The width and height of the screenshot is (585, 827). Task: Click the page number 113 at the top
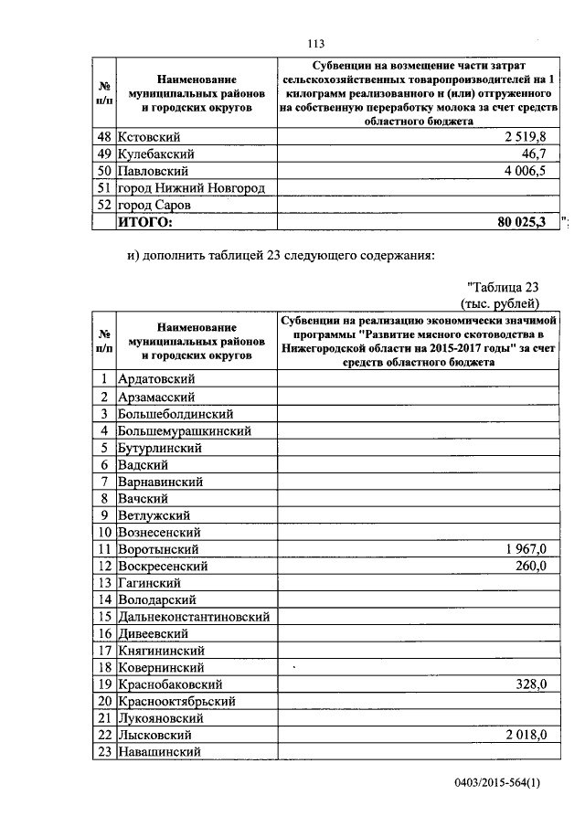click(317, 44)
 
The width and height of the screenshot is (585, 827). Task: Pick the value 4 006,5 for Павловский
click(522, 171)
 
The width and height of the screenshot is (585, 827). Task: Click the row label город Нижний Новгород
click(192, 188)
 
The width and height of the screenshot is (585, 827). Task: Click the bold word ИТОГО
click(145, 222)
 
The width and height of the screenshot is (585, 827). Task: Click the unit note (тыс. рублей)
click(499, 303)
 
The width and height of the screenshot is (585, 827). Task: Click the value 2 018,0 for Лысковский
click(525, 736)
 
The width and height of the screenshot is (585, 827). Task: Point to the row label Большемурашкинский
click(185, 430)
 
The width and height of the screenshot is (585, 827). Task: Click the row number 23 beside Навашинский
click(105, 752)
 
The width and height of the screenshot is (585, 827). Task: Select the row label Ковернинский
click(161, 668)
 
